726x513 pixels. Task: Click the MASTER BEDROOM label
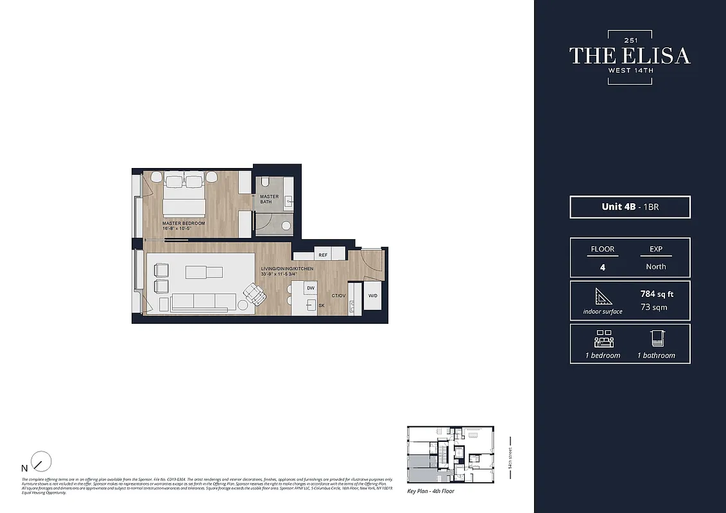coord(184,223)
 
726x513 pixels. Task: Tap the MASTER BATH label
coord(270,199)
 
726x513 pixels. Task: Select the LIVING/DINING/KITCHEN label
coord(287,268)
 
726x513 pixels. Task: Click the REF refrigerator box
coord(323,255)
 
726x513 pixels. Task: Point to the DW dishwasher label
coord(311,289)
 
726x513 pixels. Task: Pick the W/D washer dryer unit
coord(373,296)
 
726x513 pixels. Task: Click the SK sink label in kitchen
coord(321,306)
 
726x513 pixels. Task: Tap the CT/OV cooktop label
coord(338,296)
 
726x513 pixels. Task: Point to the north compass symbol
coord(40,462)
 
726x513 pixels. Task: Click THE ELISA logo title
coord(630,56)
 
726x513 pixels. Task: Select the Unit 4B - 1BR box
coord(630,207)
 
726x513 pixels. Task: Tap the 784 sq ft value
coord(657,294)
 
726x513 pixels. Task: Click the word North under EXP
coord(656,267)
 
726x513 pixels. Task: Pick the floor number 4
coord(602,267)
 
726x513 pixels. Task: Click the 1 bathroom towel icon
coord(656,339)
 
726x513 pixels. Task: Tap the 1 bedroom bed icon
coord(602,339)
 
